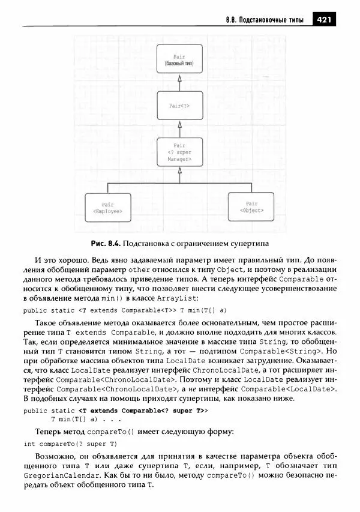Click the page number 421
pyautogui.click(x=325, y=20)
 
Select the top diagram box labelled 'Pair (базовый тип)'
pyautogui.click(x=179, y=59)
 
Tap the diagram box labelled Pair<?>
pyautogui.click(x=179, y=106)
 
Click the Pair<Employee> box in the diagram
pyautogui.click(x=107, y=208)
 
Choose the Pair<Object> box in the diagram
pyautogui.click(x=251, y=207)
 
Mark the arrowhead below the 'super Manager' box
pyautogui.click(x=179, y=172)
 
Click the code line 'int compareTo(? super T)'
pyautogui.click(x=70, y=444)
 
